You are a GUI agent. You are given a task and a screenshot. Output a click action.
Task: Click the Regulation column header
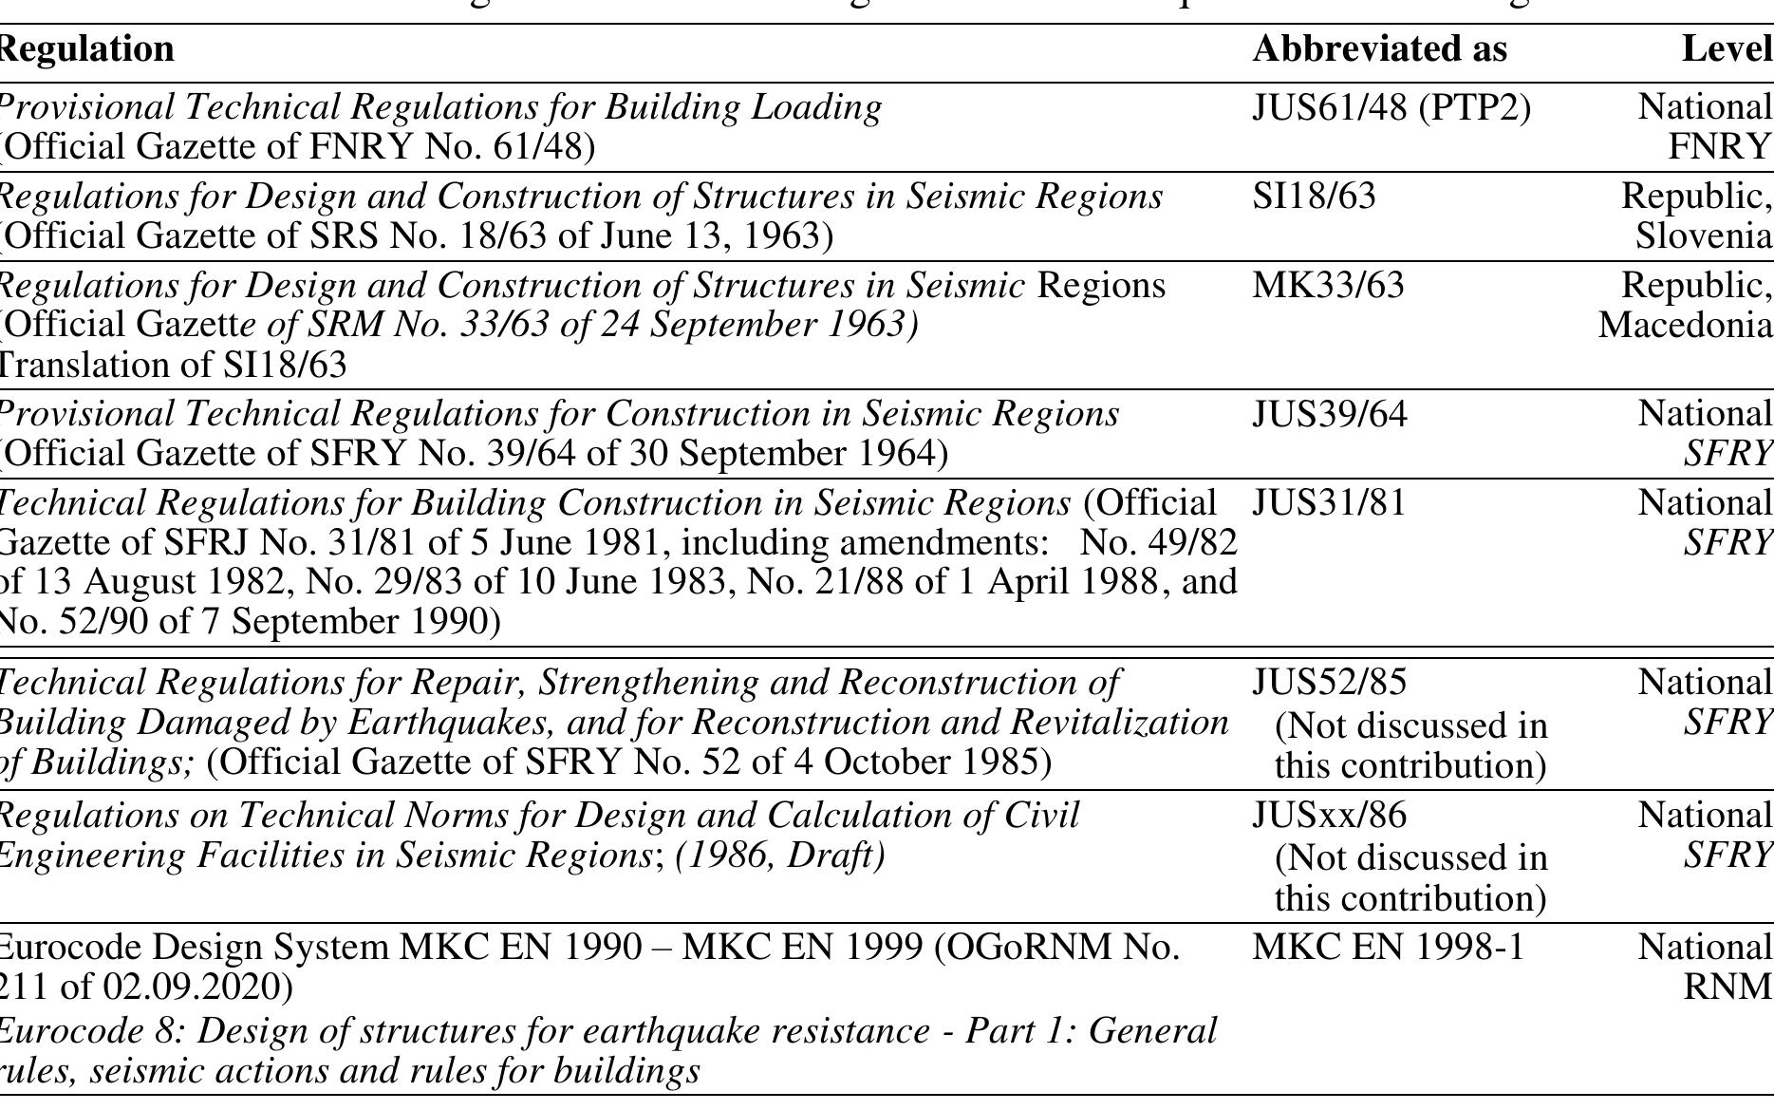pyautogui.click(x=87, y=49)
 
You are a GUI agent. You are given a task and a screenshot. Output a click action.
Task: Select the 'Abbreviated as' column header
pyautogui.click(x=1379, y=49)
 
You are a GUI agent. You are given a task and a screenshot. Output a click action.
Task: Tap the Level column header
pyautogui.click(x=1727, y=49)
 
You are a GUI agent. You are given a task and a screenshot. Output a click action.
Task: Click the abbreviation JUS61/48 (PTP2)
pyautogui.click(x=1391, y=108)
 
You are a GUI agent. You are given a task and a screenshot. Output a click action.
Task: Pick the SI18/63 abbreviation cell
pyautogui.click(x=1314, y=197)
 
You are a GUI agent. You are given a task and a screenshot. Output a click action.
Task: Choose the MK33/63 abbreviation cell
pyautogui.click(x=1328, y=285)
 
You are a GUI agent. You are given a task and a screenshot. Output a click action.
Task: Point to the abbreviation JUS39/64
pyautogui.click(x=1330, y=414)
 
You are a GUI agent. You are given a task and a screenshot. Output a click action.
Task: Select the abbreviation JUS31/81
pyautogui.click(x=1329, y=503)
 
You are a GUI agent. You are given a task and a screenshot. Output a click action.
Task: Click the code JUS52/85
pyautogui.click(x=1330, y=682)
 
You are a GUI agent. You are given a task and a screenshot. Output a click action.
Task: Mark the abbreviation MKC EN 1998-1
pyautogui.click(x=1388, y=947)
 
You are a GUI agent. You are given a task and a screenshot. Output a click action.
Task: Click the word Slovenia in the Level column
pyautogui.click(x=1703, y=235)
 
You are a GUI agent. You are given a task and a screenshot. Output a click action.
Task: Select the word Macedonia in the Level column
pyautogui.click(x=1685, y=325)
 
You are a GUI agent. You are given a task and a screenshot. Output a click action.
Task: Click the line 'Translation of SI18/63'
pyautogui.click(x=173, y=365)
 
